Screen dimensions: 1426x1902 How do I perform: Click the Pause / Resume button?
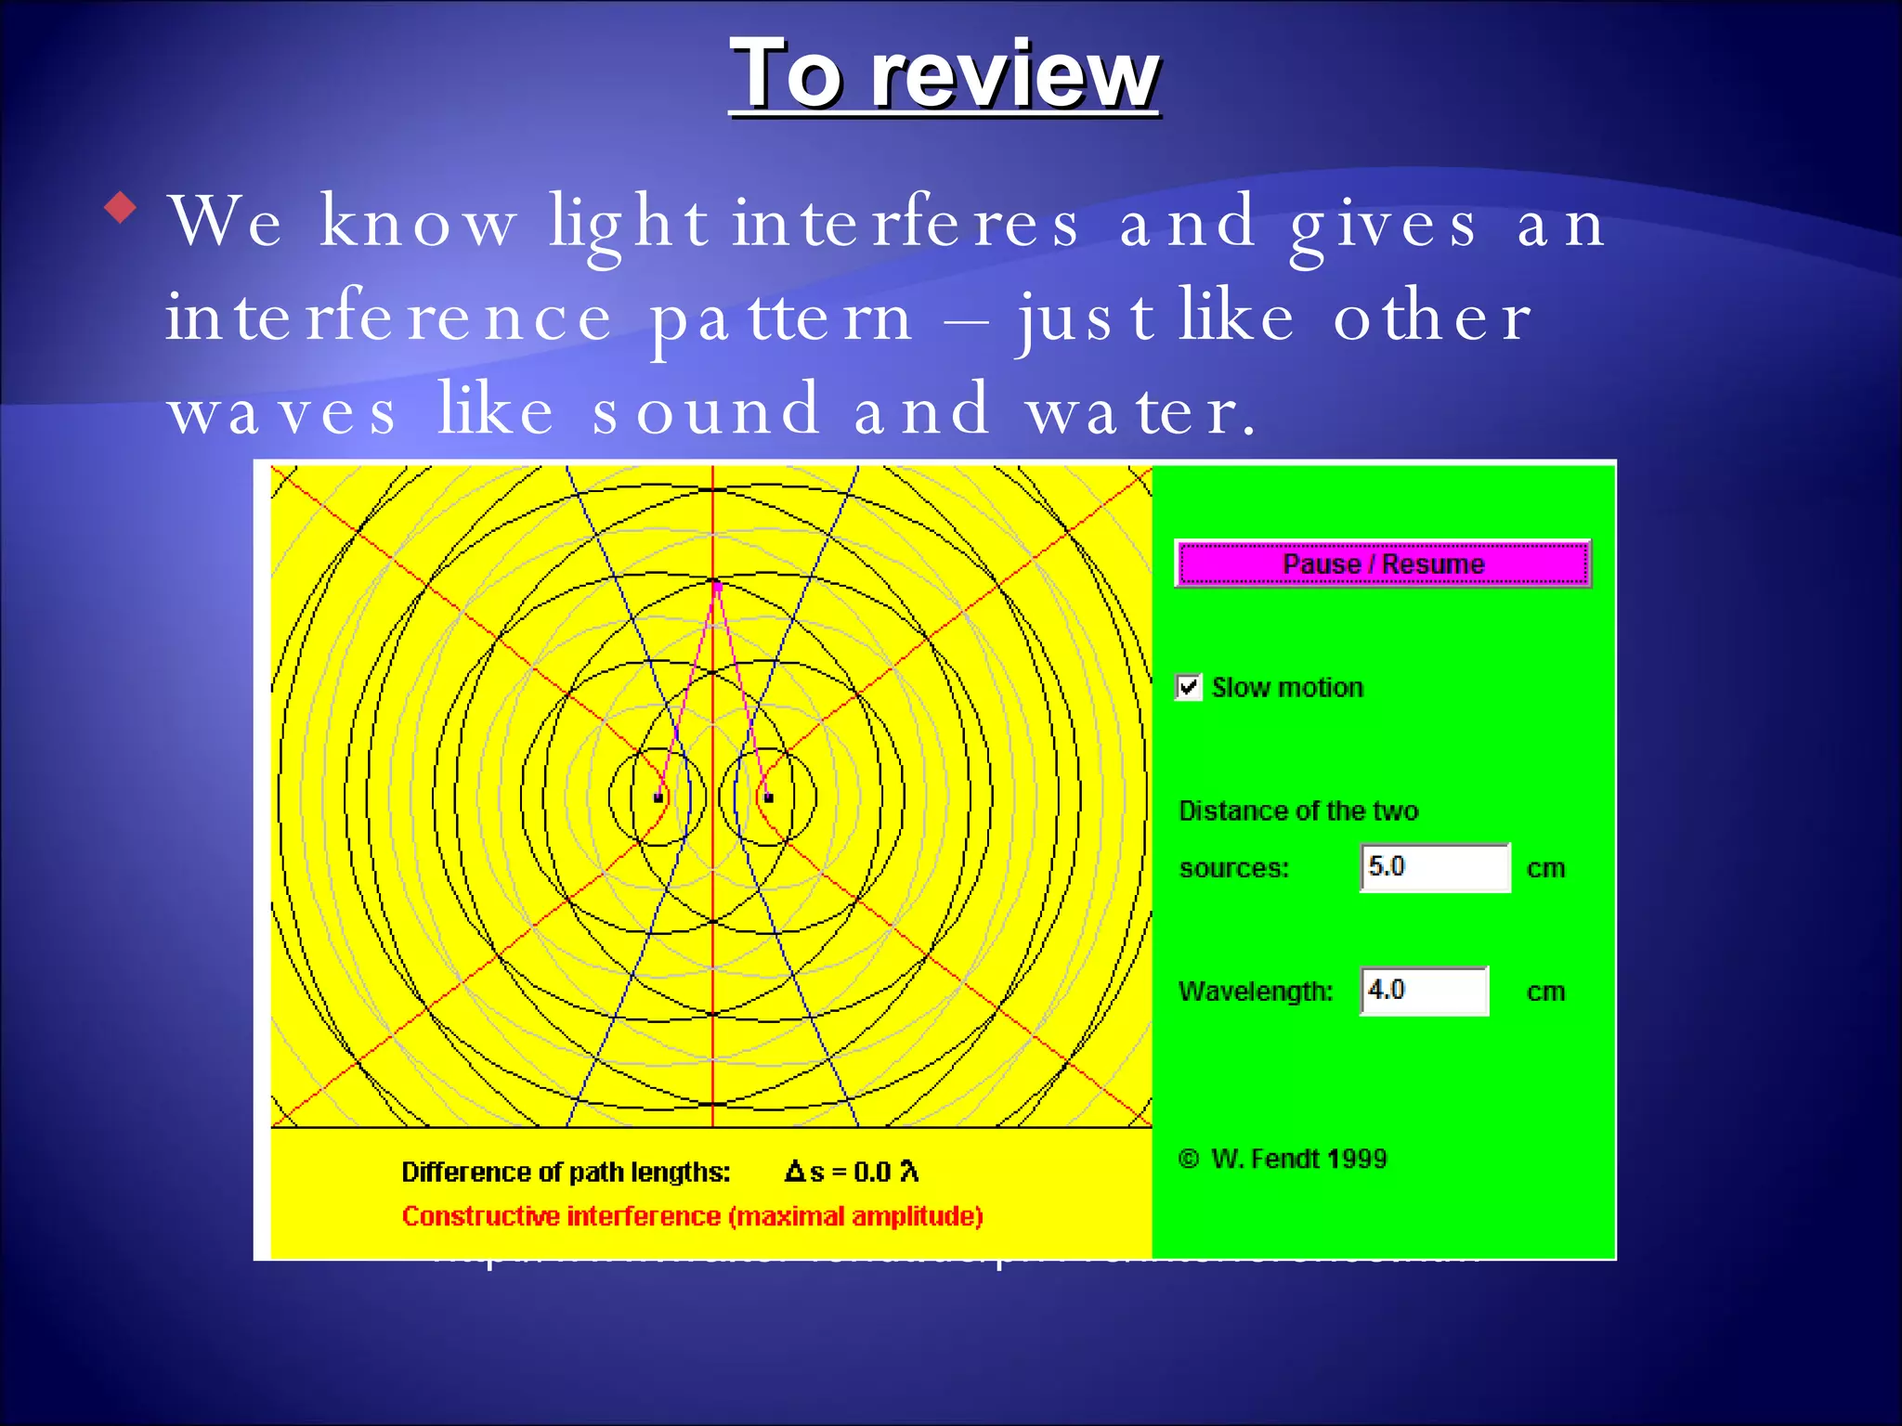tap(1383, 564)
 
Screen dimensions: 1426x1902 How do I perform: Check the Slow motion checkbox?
tap(1189, 687)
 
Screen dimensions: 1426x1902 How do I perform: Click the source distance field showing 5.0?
tap(1435, 867)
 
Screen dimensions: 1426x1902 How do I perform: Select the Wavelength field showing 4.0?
tap(1424, 991)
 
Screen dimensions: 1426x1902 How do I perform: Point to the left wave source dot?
tap(658, 797)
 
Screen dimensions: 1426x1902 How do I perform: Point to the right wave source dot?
tap(768, 797)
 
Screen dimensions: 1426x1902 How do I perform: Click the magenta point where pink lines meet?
tap(716, 585)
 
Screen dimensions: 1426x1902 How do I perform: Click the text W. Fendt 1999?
tap(1297, 1159)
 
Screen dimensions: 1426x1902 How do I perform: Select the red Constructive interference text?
tap(692, 1216)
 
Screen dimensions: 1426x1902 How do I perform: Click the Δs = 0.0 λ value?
tap(852, 1172)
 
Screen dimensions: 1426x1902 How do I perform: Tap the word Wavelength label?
tap(1255, 992)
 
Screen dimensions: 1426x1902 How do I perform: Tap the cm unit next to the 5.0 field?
tap(1545, 868)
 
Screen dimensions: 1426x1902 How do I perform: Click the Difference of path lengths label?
tap(566, 1172)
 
